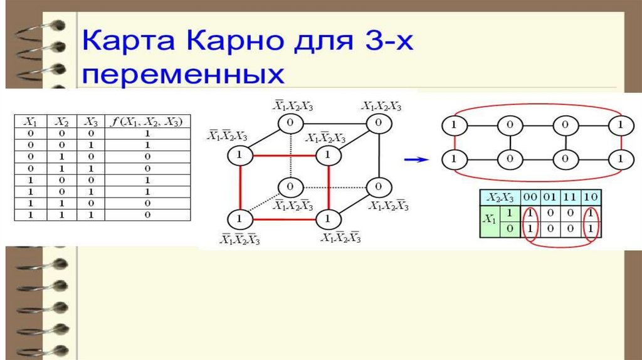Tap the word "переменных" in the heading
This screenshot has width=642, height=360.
pos(182,74)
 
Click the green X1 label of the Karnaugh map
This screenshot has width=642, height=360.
pos(489,220)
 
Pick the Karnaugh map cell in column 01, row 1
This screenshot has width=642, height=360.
pos(550,213)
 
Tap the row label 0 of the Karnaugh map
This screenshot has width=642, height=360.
pos(509,227)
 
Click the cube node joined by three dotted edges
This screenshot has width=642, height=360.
pos(289,187)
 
